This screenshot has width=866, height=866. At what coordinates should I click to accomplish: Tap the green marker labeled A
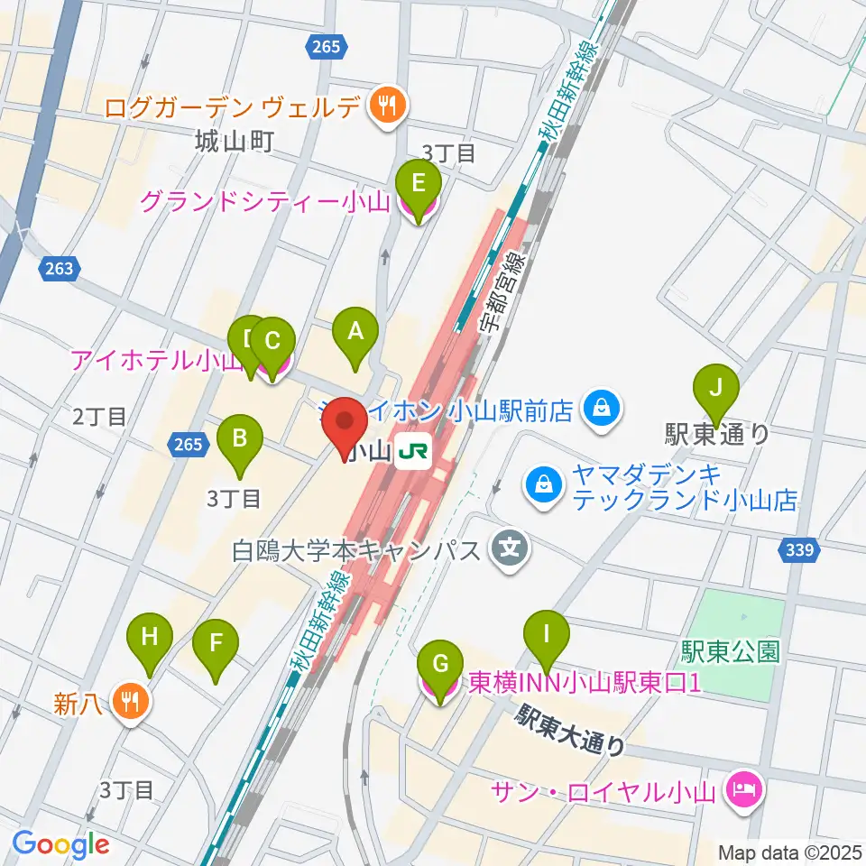coord(355,332)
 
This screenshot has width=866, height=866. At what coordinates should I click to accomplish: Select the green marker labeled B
coord(240,440)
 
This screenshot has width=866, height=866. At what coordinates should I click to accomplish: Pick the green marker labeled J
coord(716,388)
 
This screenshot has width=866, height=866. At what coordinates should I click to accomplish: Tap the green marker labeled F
coord(216,644)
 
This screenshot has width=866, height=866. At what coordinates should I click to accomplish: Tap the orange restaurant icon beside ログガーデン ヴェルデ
coord(387,108)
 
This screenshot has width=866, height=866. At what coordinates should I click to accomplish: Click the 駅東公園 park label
coord(731,651)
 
